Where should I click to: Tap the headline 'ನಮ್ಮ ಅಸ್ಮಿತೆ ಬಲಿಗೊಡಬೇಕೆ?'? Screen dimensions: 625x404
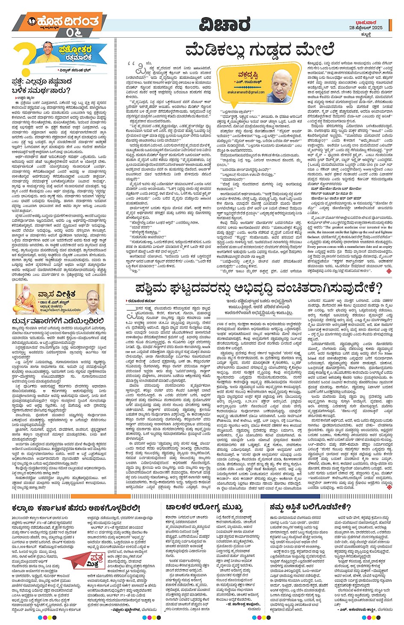[x=310, y=508]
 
